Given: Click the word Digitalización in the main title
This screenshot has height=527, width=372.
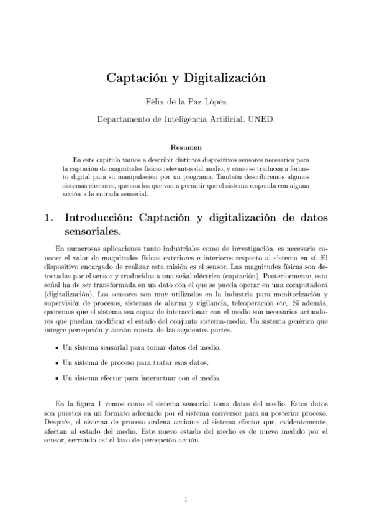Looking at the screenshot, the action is pos(226,78).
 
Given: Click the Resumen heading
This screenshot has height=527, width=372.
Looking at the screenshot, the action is pos(186,147).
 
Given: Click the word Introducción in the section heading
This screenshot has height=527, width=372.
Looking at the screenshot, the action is pos(99,219).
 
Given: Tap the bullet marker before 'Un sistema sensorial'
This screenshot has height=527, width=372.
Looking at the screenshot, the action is pos(57,348).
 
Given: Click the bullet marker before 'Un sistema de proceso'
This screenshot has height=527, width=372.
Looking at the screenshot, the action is pos(57,363).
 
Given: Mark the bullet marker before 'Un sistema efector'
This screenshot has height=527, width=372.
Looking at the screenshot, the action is pos(57,378).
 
